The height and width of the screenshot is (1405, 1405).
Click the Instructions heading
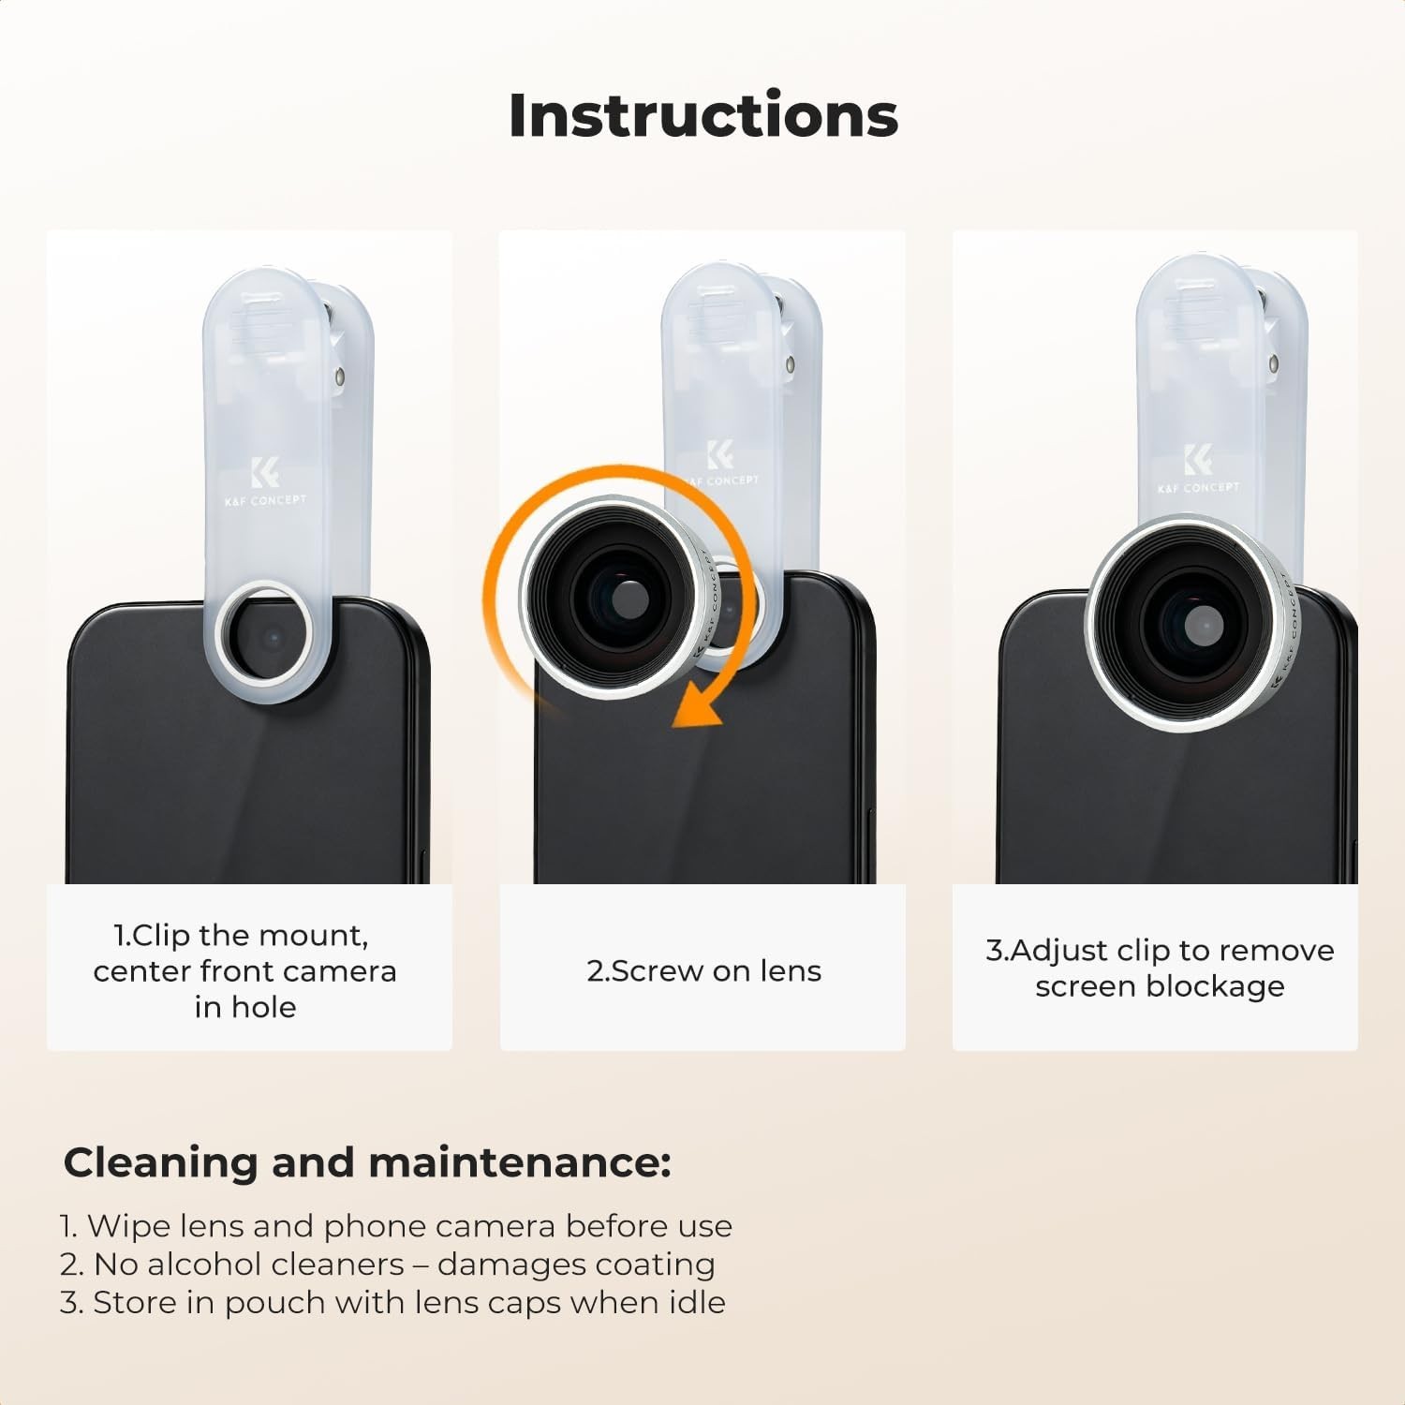[x=703, y=115]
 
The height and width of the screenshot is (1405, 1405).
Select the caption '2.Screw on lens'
[x=704, y=970]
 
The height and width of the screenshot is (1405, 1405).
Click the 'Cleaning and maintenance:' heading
[x=367, y=1162]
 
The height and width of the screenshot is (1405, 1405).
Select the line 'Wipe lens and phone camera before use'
[x=409, y=1225]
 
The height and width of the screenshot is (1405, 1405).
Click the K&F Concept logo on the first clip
[x=265, y=482]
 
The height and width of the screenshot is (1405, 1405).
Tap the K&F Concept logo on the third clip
[x=1198, y=468]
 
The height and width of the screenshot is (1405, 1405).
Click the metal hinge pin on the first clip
[x=339, y=377]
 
